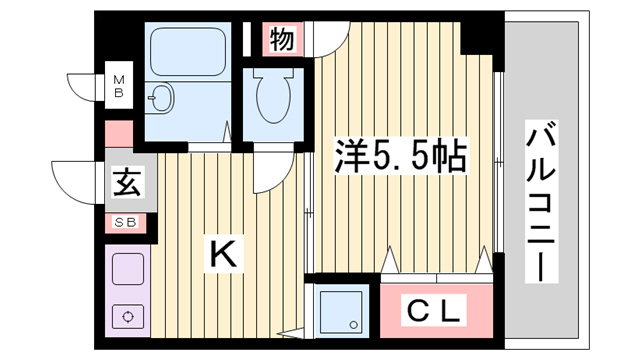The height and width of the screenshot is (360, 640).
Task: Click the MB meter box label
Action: (119, 86)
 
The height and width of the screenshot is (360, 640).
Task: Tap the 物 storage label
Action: (282, 39)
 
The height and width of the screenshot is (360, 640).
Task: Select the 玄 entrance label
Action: (127, 182)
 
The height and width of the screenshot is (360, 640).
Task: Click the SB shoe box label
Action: (125, 222)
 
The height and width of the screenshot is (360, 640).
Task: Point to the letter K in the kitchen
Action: (223, 253)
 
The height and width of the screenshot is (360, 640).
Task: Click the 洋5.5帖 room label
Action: (400, 156)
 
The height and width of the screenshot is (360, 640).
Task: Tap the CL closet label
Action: (433, 311)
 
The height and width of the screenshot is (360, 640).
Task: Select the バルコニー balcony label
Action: (541, 201)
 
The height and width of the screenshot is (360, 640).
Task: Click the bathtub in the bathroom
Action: (188, 52)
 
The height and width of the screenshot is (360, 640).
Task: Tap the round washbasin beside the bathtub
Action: (161, 98)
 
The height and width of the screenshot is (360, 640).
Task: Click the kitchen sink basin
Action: (128, 269)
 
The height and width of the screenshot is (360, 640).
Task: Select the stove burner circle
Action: (128, 317)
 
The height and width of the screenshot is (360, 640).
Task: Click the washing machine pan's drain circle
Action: (353, 325)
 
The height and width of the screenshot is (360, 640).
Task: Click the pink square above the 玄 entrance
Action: (119, 133)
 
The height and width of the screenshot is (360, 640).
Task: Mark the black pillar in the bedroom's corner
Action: (478, 37)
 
